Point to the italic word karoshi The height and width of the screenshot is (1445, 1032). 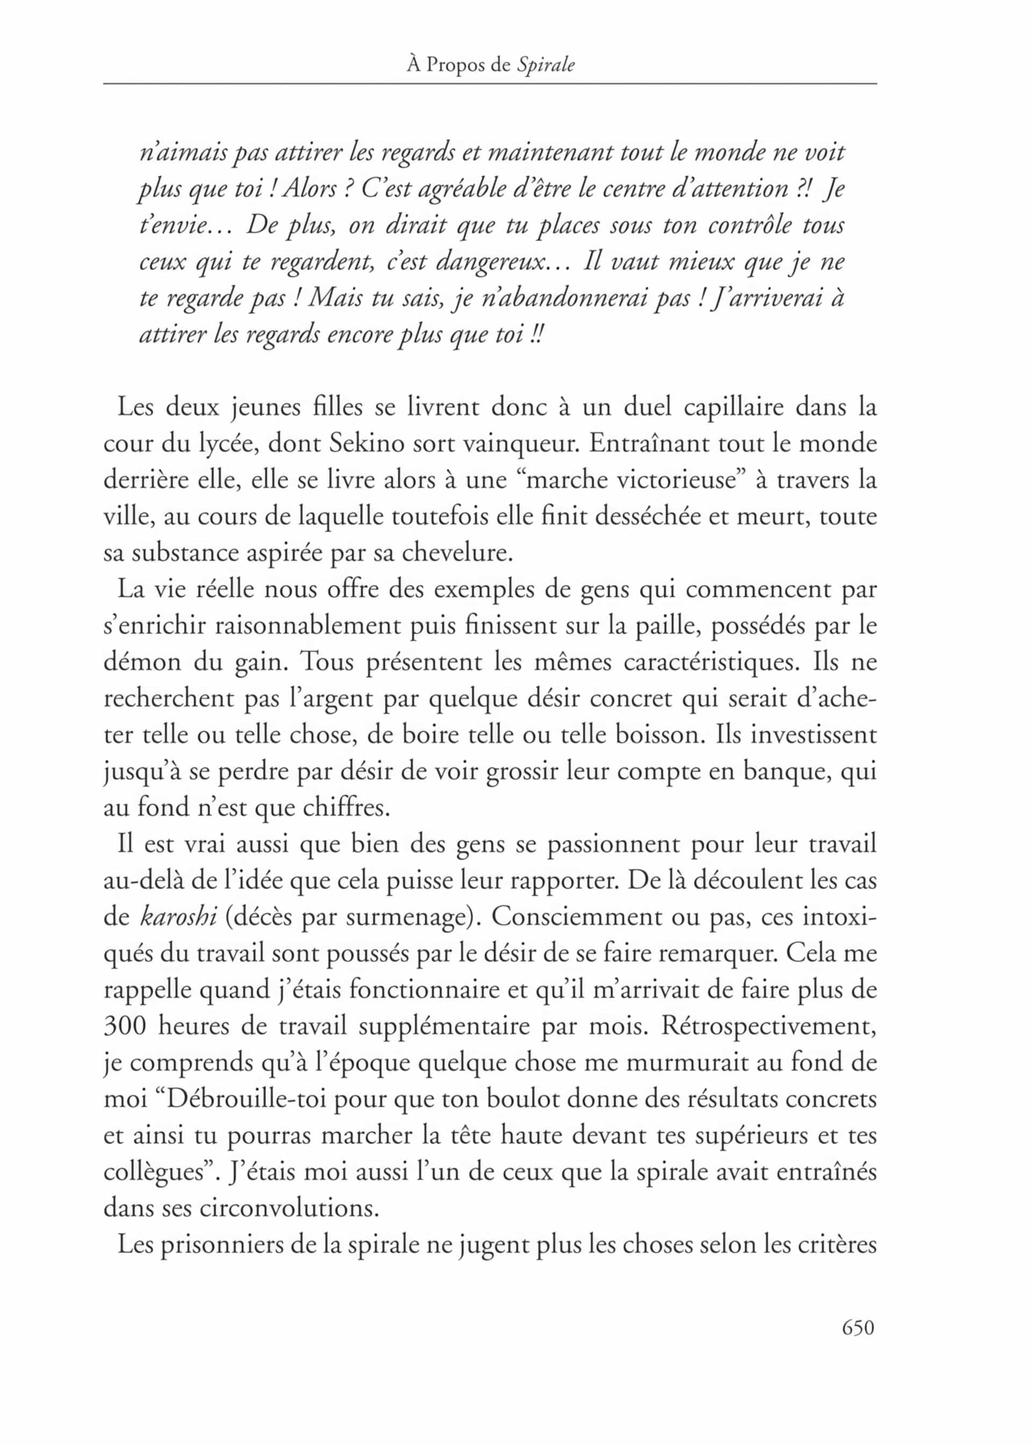[178, 917]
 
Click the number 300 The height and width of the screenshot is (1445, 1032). [125, 1026]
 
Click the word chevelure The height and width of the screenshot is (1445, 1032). [456, 553]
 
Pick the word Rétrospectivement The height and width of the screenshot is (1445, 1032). [768, 1026]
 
